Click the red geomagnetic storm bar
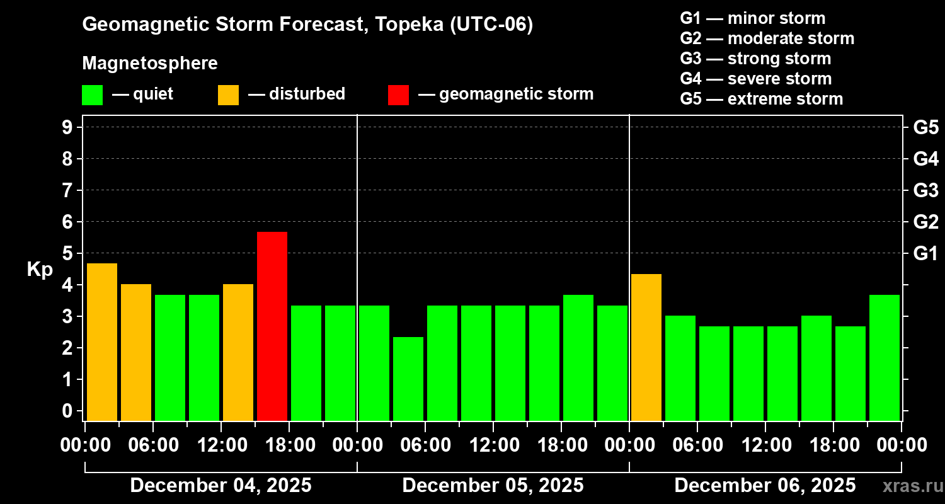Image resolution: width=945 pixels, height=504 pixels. pos(272,326)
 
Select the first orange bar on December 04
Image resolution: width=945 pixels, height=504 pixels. pos(101,341)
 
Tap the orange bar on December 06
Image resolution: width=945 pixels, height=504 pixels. pos(646,347)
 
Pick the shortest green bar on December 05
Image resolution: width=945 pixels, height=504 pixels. pos(408,379)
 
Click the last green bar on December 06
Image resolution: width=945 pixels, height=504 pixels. pos(884,357)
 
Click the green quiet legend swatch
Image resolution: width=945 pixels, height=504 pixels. pos(93,94)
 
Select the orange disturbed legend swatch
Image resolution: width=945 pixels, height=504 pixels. pos(229,94)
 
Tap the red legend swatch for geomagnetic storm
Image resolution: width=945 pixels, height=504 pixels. pos(398,94)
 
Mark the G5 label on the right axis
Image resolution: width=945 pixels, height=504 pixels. pos(925,127)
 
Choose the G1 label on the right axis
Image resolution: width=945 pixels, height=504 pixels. pos(925,253)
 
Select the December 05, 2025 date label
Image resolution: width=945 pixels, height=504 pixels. pos(493,486)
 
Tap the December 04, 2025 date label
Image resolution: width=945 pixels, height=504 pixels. pos(220,486)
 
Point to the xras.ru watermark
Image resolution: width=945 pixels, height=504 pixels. pos(908,486)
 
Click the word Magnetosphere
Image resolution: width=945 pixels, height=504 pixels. pos(150,64)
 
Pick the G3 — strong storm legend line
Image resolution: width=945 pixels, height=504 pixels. pos(755,59)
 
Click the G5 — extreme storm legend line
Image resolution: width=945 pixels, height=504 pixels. pos(761,99)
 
